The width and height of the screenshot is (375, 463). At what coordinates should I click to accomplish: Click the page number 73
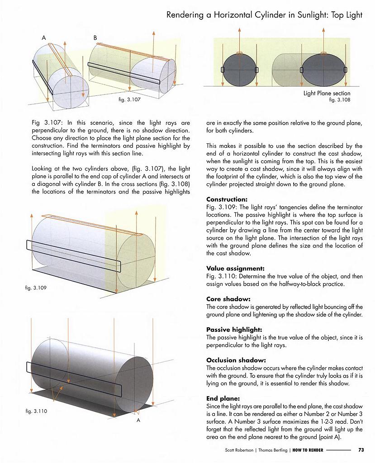tap(361, 450)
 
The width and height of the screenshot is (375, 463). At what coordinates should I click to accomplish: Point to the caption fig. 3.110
tap(37, 411)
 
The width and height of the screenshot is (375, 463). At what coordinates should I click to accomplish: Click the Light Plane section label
tap(327, 94)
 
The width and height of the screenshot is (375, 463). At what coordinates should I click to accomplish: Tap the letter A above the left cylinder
tap(44, 38)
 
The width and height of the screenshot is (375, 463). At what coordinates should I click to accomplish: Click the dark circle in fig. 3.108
tap(240, 70)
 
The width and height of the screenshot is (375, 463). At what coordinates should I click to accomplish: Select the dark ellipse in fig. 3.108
tap(323, 70)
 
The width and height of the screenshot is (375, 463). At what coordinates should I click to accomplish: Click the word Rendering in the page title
tap(187, 15)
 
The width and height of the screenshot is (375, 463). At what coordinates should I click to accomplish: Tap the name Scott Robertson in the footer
tap(240, 450)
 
